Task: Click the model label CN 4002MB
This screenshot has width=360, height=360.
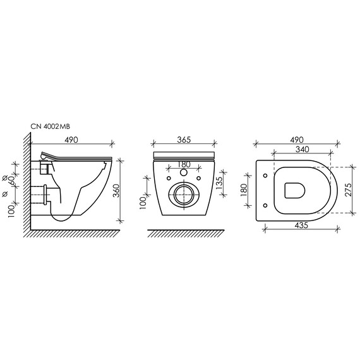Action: tap(51, 126)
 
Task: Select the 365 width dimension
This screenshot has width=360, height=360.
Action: tap(184, 140)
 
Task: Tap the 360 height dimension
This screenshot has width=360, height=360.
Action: tap(117, 191)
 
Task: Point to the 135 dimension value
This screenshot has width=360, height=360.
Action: tap(219, 183)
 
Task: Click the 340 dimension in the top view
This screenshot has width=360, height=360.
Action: tap(302, 150)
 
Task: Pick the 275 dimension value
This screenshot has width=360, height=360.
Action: tap(349, 189)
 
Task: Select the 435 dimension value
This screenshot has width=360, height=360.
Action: tap(301, 225)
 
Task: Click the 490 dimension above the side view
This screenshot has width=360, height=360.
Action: tap(71, 140)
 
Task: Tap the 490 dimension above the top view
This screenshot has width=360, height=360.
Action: tap(296, 140)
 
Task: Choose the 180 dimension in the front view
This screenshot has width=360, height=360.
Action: tap(184, 164)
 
